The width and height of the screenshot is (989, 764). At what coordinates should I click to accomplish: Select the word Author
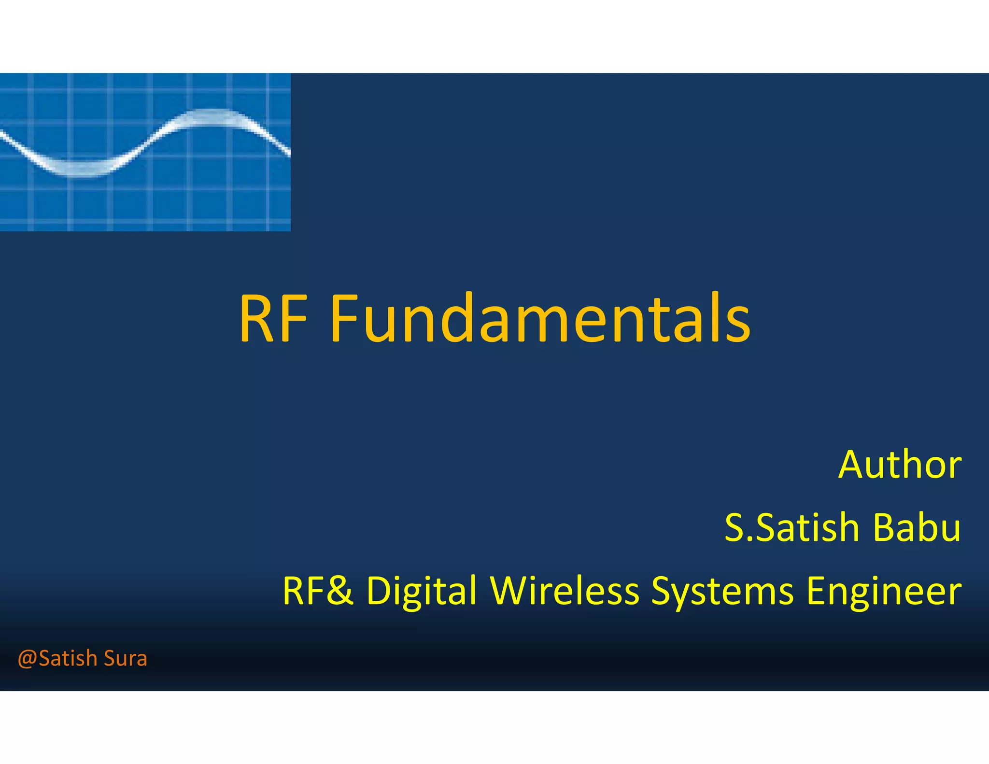point(900,465)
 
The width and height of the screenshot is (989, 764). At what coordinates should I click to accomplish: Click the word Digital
point(422,591)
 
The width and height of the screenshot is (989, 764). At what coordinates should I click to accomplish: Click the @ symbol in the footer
point(28,659)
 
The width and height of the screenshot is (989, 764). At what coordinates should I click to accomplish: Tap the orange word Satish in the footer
point(68,659)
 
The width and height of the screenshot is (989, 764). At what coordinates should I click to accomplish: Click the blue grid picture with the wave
point(145,193)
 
